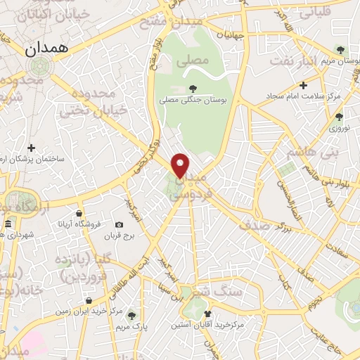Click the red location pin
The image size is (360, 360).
[x=181, y=165]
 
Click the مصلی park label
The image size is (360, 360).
[x=196, y=61]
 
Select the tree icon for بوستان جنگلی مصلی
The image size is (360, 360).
[x=193, y=89]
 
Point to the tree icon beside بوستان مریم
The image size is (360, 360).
[x=340, y=50]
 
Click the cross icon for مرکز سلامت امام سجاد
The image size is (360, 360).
[x=302, y=84]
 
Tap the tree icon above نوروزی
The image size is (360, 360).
[x=339, y=117]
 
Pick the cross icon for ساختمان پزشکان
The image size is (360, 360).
[x=31, y=148]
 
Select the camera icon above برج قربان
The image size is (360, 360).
[x=119, y=225]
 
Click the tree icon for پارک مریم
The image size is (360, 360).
[x=131, y=314]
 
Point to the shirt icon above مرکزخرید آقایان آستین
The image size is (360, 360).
[x=207, y=314]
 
